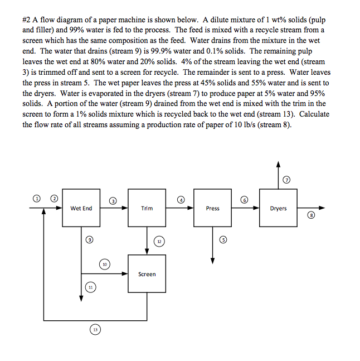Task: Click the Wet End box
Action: (x=81, y=208)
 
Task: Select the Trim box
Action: (x=147, y=208)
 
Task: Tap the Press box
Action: (x=212, y=208)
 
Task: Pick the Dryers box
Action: (x=278, y=208)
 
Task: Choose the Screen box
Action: (x=147, y=274)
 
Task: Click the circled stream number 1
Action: (x=37, y=198)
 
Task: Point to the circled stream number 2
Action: (x=54, y=198)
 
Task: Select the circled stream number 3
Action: (x=113, y=200)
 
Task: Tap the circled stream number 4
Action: (x=181, y=199)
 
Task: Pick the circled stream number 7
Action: (x=286, y=180)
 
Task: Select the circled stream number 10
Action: (x=104, y=263)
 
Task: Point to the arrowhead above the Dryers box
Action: (x=278, y=164)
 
